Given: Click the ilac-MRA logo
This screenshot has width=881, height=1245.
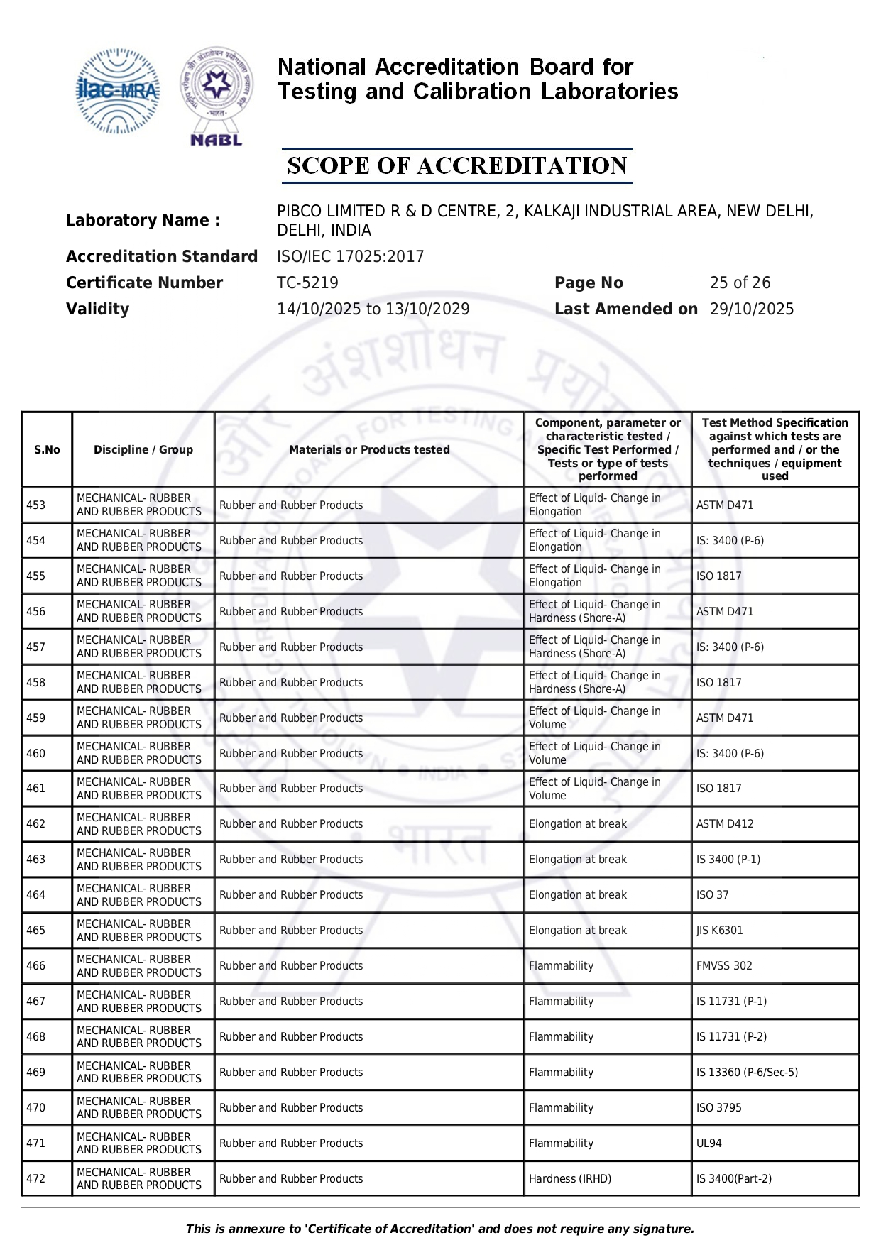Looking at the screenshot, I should coord(117,91).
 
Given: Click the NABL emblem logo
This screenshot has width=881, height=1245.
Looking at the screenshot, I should coord(217,97).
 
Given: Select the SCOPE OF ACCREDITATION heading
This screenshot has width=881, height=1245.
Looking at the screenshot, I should coord(457,166).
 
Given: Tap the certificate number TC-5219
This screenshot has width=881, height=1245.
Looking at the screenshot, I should coord(307,283).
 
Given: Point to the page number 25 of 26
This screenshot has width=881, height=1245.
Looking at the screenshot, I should coord(740,283).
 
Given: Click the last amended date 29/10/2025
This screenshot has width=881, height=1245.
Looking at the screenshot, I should coord(752,309).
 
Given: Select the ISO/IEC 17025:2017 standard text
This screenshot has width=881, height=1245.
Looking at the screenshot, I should coord(350,256).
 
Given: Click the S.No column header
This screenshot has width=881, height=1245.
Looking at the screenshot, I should coord(47,450).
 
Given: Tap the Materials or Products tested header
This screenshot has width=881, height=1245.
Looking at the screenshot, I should coord(369,450).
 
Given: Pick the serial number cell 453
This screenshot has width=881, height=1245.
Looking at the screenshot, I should coord(36,505).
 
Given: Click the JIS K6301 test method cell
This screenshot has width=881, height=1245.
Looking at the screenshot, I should coord(720,931).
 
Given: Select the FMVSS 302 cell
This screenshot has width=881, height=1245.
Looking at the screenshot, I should coord(724,966).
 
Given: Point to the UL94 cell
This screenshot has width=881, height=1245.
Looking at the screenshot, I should coord(709,1143).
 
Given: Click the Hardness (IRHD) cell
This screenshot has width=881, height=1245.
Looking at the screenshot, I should coord(570,1179).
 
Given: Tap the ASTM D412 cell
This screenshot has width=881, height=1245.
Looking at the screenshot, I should coord(725,824).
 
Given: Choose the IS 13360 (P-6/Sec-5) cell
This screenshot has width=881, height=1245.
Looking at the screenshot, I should coord(747,1073).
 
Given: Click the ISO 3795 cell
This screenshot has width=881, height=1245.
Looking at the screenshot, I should coord(718,1108).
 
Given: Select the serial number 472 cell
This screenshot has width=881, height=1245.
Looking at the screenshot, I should coord(36,1179).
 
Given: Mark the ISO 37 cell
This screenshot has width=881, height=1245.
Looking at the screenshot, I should coord(713,895).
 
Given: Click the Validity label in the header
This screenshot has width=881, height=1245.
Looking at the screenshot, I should coord(97,309).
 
